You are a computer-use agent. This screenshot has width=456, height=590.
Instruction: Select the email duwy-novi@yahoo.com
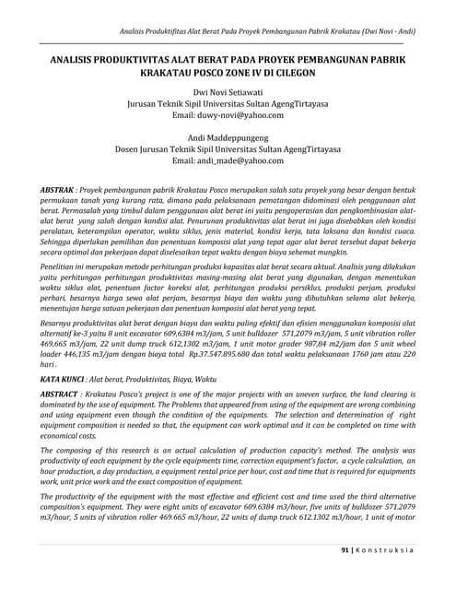228,130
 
